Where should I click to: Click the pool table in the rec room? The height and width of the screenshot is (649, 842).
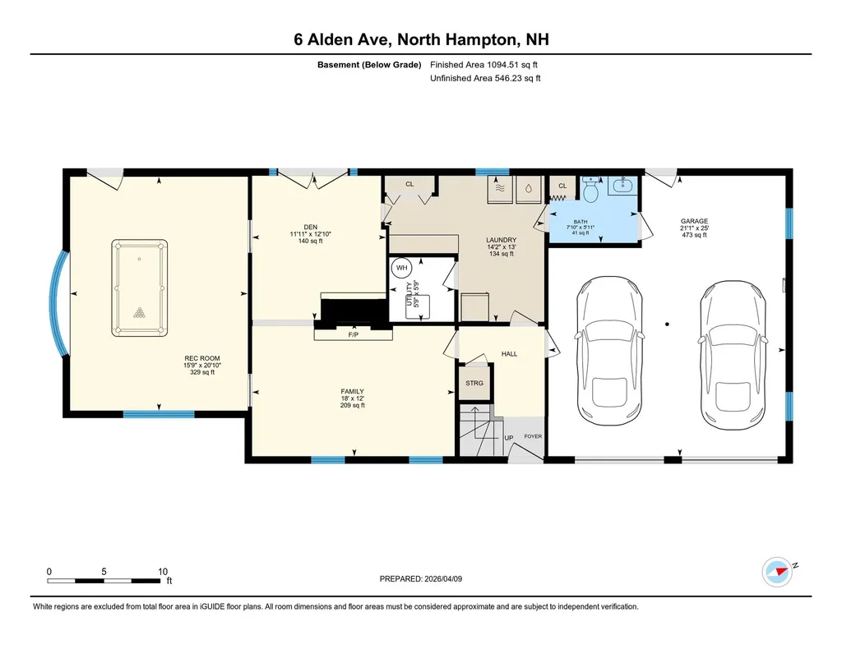pos(139,288)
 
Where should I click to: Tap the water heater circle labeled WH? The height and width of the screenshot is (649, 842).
pos(402,268)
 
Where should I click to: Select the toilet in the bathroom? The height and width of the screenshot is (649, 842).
pos(589,191)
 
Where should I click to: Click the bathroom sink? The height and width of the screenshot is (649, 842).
pos(622,186)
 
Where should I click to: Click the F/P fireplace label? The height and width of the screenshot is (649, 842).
pos(354,335)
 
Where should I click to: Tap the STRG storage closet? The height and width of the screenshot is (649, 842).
pos(474,384)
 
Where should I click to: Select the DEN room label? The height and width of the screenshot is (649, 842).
pos(310,227)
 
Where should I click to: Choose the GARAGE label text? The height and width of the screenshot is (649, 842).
pos(694,221)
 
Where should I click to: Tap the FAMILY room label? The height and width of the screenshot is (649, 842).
pos(352,391)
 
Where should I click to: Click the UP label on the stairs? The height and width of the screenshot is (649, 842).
pos(509,437)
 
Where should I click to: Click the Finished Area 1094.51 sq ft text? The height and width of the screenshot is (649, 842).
pos(484,64)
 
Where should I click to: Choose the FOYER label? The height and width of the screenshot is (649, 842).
pos(533,436)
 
